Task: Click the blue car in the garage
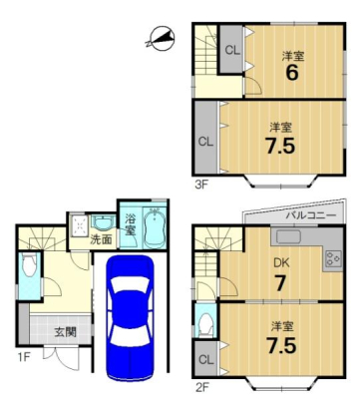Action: click(131, 318)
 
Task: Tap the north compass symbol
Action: click(162, 37)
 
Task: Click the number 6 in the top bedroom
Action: click(292, 73)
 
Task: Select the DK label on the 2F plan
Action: click(281, 263)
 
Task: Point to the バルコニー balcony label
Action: click(311, 215)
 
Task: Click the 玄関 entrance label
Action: click(66, 331)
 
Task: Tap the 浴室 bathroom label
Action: click(131, 225)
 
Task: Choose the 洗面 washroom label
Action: click(101, 239)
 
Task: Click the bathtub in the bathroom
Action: click(155, 227)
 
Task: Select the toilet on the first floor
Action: click(29, 265)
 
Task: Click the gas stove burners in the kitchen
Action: click(333, 258)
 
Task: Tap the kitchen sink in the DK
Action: click(289, 237)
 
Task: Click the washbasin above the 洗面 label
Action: click(103, 222)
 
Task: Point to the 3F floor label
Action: click(201, 184)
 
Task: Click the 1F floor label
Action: click(24, 357)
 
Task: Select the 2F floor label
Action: click(201, 387)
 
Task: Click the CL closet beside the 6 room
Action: click(232, 51)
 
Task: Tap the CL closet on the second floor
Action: click(205, 360)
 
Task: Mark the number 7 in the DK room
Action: click(280, 283)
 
